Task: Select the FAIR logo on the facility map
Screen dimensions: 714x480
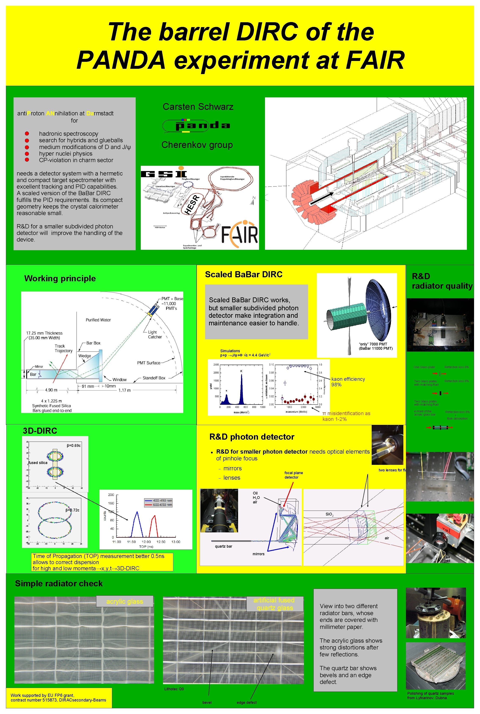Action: click(x=239, y=235)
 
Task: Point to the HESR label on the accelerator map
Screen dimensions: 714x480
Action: click(x=192, y=204)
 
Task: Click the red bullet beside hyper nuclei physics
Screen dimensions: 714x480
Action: click(x=27, y=154)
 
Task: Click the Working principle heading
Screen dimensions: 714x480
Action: click(x=60, y=278)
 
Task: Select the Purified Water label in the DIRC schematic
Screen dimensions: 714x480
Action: click(x=98, y=320)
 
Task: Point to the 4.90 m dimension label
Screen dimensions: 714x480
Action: click(x=51, y=390)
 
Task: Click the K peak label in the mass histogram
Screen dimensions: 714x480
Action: click(x=241, y=371)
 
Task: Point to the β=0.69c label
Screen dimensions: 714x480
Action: click(x=73, y=446)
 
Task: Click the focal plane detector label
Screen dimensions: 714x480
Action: click(x=293, y=475)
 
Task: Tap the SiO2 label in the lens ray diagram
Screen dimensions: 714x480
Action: click(x=329, y=514)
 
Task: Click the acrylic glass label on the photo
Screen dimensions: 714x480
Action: click(x=125, y=601)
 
